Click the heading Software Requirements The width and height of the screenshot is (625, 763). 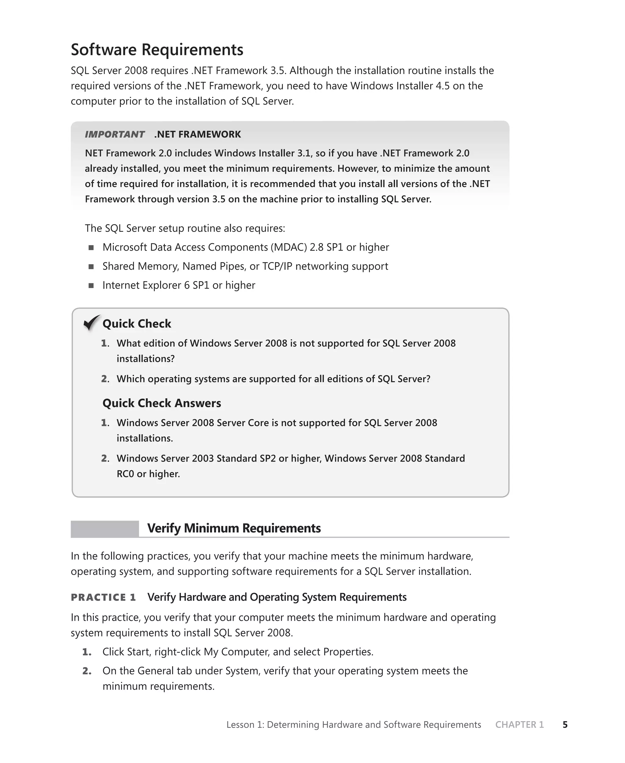pos(157,50)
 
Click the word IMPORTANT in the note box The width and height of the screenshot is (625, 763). pos(114,134)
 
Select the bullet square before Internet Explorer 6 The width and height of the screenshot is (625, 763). pos(91,286)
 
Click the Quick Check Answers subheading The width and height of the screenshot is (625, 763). pos(162,403)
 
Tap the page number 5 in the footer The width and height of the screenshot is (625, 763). pos(565,725)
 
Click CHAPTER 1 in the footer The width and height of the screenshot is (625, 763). pos(519,725)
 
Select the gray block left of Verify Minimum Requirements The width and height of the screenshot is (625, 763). pos(105,528)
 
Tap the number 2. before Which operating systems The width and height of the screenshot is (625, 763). pos(105,379)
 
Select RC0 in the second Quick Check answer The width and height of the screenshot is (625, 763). pos(125,474)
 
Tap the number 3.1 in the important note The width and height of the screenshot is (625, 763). pos(304,153)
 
